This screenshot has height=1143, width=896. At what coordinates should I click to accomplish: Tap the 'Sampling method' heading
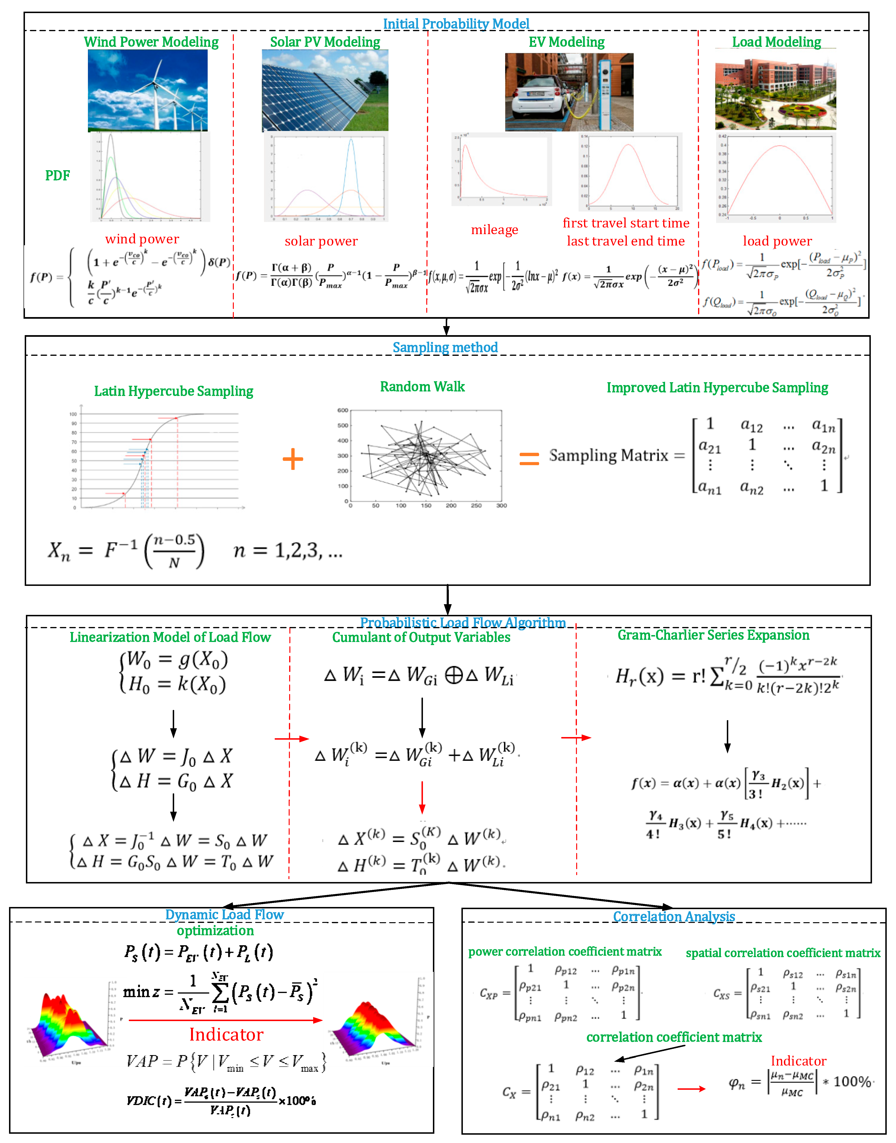pos(445,347)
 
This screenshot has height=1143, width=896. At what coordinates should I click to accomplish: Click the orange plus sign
pos(293,459)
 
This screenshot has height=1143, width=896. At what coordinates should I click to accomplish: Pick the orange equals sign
pos(529,459)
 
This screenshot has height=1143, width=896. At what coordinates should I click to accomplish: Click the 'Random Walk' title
pos(422,387)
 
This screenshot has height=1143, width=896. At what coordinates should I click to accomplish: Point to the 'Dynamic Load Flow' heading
pos(225,915)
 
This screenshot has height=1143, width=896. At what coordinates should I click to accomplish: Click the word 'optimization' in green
pos(215,931)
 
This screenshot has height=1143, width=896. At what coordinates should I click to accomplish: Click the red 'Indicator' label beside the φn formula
pos(798,1061)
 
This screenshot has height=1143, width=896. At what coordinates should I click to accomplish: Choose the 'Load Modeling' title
pos(776,42)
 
